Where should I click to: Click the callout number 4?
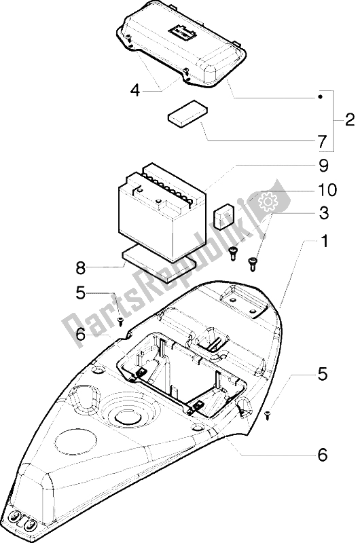(x=135, y=91)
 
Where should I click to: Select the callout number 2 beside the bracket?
(x=350, y=120)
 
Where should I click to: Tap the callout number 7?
(x=322, y=142)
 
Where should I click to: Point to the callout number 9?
(x=323, y=166)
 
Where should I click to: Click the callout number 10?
(x=327, y=189)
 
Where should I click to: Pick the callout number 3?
(x=323, y=213)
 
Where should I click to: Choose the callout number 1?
(x=324, y=242)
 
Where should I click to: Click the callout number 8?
(x=81, y=267)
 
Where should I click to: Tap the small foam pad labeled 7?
(x=188, y=112)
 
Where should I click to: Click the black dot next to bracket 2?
(x=321, y=96)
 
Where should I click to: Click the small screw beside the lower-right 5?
(x=267, y=415)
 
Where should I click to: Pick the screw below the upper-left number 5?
(x=121, y=321)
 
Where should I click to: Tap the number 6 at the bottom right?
(x=322, y=455)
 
